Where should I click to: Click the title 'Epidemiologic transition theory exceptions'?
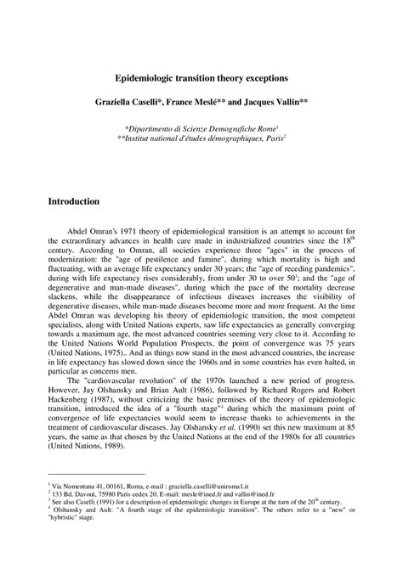(201, 76)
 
